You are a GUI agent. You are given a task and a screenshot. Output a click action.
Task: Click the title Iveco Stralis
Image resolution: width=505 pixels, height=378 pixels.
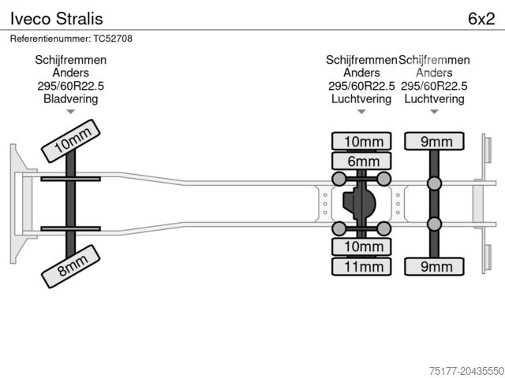[55, 17]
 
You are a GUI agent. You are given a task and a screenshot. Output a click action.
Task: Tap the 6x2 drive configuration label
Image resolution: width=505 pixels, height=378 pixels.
[481, 17]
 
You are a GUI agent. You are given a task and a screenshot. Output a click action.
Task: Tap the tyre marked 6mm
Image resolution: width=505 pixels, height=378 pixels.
[362, 161]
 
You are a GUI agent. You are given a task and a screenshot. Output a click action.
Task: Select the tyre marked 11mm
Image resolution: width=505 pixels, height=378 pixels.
[362, 266]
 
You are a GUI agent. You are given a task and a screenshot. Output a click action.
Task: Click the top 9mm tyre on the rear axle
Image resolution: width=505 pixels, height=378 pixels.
[435, 142]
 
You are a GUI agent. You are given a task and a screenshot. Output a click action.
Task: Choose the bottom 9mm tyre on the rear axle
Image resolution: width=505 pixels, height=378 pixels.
[435, 266]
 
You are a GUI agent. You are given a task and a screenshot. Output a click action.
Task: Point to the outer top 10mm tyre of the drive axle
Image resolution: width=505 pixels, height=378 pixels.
[362, 142]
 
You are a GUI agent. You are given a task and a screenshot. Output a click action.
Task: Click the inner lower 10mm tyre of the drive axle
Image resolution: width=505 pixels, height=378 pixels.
[362, 246]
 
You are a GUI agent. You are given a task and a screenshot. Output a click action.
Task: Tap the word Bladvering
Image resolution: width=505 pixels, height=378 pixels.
[70, 98]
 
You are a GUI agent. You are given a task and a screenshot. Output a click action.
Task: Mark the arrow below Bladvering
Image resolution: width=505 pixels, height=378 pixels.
[70, 113]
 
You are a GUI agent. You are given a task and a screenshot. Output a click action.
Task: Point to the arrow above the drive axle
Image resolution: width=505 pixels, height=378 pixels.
[361, 113]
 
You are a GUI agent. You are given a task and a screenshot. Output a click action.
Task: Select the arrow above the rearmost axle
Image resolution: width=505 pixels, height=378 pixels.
[434, 113]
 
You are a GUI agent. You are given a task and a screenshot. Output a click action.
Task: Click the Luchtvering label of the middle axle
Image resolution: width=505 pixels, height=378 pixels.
[361, 98]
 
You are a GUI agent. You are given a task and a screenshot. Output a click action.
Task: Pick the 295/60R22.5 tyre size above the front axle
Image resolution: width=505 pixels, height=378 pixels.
[70, 86]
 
